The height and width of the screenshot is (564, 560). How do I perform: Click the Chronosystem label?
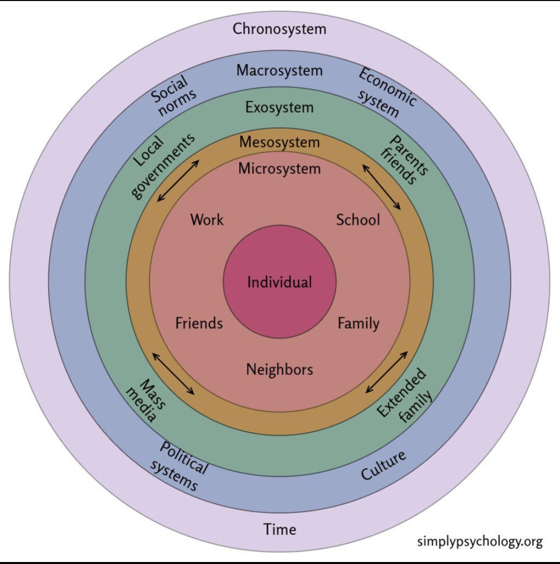[280, 29]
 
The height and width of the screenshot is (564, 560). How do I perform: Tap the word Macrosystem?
[280, 70]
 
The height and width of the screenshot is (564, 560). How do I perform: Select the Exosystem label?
[280, 107]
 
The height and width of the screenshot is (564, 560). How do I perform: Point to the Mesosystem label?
[280, 142]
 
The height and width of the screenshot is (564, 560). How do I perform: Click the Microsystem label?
[280, 169]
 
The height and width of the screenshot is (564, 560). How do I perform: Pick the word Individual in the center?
[280, 282]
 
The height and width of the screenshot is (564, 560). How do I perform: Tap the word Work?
[207, 219]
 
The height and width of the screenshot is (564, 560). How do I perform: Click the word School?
[358, 219]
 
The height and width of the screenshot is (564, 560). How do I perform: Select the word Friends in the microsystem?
[199, 323]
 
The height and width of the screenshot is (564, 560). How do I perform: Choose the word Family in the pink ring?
[358, 324]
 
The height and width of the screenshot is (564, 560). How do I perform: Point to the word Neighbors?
[280, 370]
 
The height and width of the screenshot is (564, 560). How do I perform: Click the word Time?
[280, 529]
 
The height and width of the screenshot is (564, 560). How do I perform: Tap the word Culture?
[383, 465]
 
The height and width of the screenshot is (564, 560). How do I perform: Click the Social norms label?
[173, 96]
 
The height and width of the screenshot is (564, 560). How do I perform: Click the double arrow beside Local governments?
[178, 181]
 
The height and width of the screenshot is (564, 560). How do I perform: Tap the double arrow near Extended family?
[387, 372]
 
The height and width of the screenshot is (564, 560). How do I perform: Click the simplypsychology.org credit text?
[479, 542]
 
